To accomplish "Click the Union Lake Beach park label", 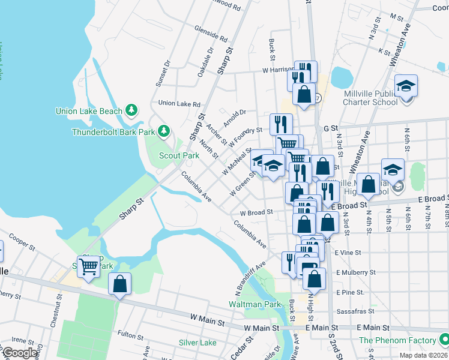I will [89, 111].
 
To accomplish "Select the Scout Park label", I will [179, 155].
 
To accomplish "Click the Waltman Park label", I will [255, 304].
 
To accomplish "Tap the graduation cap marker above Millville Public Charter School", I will [406, 86].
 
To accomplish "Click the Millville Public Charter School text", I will [370, 98].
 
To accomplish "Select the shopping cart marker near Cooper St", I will [89, 266].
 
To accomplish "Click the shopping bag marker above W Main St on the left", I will [119, 284].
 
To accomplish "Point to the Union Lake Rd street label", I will [179, 103].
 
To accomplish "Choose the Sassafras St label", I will [355, 311].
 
